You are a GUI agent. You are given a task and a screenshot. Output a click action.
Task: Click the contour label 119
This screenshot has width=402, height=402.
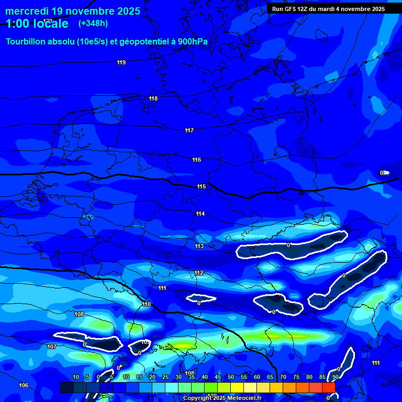(x=121, y=63)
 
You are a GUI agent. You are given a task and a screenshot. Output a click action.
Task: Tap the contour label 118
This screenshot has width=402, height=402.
(x=153, y=99)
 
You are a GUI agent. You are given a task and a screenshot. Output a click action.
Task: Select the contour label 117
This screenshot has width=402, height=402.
(x=189, y=130)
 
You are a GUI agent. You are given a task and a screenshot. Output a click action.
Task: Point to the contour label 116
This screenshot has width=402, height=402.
(x=196, y=160)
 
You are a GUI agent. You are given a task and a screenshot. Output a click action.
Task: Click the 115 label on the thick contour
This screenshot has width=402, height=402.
(x=201, y=186)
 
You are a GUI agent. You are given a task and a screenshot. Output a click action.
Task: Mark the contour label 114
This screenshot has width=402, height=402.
(x=200, y=214)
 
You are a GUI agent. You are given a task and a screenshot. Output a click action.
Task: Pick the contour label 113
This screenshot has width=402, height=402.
(x=199, y=246)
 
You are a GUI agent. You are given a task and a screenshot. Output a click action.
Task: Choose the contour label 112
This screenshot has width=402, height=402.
(x=198, y=273)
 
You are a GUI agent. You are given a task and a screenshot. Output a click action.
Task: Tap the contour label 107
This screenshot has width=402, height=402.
(x=52, y=347)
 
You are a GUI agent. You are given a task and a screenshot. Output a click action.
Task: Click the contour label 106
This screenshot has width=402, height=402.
(x=24, y=385)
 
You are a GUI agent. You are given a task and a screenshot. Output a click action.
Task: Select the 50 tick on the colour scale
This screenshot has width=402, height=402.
(x=231, y=377)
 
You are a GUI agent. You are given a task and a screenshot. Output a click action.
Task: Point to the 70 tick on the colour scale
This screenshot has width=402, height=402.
(x=283, y=377)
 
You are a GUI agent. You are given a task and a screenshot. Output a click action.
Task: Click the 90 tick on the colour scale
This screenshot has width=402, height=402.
(x=335, y=377)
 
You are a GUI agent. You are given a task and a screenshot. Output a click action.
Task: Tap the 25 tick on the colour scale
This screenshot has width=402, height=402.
(x=165, y=377)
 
